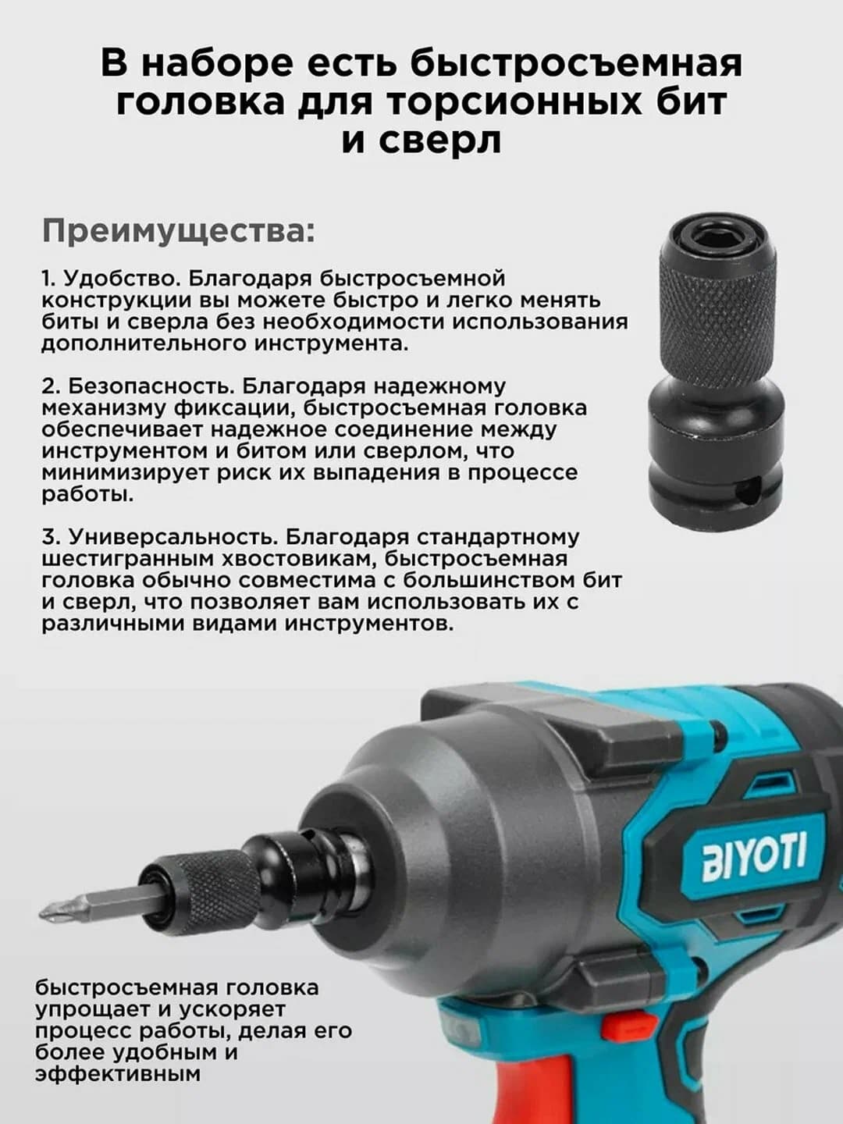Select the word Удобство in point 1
123,279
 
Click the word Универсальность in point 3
174,538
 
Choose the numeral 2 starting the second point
50,386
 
